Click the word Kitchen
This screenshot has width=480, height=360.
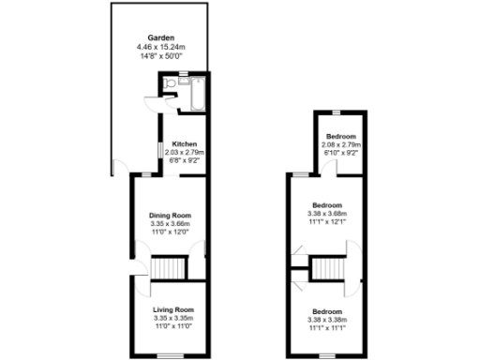184,143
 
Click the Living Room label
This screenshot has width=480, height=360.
173,309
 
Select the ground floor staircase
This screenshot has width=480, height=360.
169,268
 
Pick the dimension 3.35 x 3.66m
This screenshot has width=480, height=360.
170,225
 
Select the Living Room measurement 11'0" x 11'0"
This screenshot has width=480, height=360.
173,326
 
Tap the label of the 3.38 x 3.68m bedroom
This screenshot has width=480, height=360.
327,205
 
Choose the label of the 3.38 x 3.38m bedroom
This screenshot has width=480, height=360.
327,311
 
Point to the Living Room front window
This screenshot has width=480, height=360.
169,354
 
